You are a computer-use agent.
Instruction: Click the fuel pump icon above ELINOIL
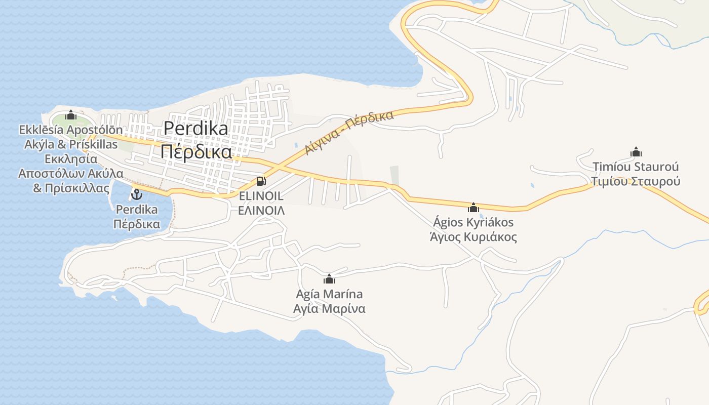[261, 181]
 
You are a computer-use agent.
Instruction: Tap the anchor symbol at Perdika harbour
[136, 194]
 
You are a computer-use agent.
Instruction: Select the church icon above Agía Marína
[329, 279]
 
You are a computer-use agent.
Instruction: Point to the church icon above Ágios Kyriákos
[474, 208]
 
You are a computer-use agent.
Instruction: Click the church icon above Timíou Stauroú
[636, 152]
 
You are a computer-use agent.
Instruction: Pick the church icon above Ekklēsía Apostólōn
[71, 115]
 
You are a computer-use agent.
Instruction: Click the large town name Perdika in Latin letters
[195, 129]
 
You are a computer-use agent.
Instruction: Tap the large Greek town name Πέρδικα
[196, 151]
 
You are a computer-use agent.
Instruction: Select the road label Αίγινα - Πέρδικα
[349, 133]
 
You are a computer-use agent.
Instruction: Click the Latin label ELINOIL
[261, 196]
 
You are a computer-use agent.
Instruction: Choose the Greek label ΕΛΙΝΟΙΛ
[261, 210]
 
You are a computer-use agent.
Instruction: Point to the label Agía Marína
[329, 294]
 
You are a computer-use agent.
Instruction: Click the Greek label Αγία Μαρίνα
[329, 308]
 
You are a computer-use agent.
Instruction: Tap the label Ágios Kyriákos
[474, 222]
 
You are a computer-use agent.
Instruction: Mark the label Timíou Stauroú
[636, 167]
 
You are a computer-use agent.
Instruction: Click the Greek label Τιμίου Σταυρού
[636, 181]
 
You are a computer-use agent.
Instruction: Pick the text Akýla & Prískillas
[71, 144]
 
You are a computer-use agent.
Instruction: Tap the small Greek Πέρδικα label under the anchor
[137, 224]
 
